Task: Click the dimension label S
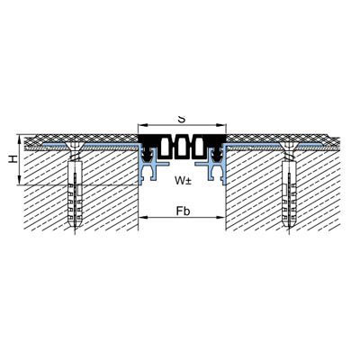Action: coord(181,119)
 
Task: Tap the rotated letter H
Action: coord(13,159)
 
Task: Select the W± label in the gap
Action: coord(183,180)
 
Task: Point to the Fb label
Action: coord(183,211)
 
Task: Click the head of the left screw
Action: coord(75,147)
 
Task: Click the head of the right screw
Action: coord(289,147)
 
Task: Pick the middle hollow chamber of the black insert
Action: coord(182,147)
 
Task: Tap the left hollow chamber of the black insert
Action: coord(166,147)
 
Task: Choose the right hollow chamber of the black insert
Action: coord(199,147)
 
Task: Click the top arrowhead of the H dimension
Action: coord(19,139)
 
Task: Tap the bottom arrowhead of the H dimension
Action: coord(19,181)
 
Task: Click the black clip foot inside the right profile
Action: coord(216,153)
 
